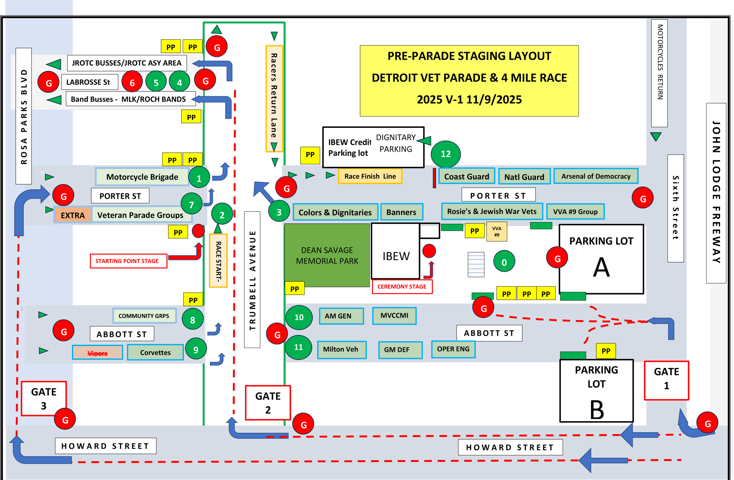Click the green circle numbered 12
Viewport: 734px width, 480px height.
tap(446, 154)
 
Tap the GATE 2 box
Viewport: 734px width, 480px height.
tap(268, 403)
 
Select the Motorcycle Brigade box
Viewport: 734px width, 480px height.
tap(142, 177)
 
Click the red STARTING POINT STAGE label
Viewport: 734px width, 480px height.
tap(127, 261)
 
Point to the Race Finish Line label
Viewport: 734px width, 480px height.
tap(370, 176)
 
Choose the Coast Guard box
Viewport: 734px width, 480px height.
tap(466, 177)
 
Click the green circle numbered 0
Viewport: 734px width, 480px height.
tap(504, 261)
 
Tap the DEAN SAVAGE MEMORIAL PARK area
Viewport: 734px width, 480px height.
tap(327, 255)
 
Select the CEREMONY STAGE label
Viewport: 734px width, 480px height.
tap(402, 286)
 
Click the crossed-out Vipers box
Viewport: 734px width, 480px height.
tap(98, 353)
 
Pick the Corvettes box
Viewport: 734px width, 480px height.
tap(155, 353)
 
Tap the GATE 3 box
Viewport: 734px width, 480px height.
tap(44, 398)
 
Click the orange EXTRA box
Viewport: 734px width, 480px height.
tap(73, 215)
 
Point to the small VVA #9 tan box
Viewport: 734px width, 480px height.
tap(497, 231)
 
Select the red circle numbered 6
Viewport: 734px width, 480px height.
tap(132, 83)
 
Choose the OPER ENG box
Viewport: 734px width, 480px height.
tap(453, 349)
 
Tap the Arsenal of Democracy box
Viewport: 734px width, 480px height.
tap(596, 176)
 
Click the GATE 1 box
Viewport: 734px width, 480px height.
tap(666, 380)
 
